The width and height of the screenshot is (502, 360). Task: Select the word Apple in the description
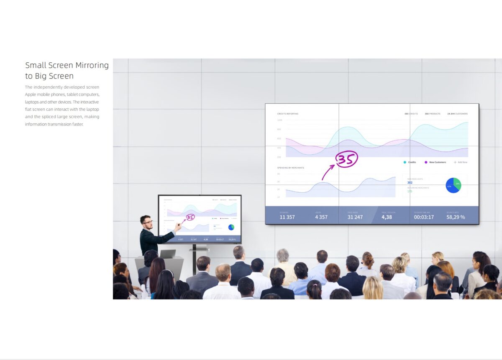tap(32, 94)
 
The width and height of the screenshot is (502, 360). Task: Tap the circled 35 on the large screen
tap(347, 159)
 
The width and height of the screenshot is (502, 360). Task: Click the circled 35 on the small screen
tap(190, 217)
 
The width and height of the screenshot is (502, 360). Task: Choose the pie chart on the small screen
tap(231, 227)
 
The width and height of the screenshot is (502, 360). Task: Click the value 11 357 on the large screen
tap(287, 217)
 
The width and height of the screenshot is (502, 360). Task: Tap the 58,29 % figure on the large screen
tap(456, 217)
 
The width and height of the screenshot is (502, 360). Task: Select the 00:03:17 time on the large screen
tap(424, 217)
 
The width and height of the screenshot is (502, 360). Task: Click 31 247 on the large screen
tap(355, 217)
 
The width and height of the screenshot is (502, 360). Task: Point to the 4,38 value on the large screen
tap(387, 217)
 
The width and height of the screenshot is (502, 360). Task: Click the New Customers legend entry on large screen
tap(437, 162)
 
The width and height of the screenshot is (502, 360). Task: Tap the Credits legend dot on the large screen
tap(405, 162)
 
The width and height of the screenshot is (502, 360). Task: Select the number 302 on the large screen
tap(410, 182)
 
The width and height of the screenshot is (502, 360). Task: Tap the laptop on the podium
tap(168, 254)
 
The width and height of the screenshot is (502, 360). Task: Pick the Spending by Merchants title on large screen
tap(290, 168)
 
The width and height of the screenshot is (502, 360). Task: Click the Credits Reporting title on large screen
tap(288, 114)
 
